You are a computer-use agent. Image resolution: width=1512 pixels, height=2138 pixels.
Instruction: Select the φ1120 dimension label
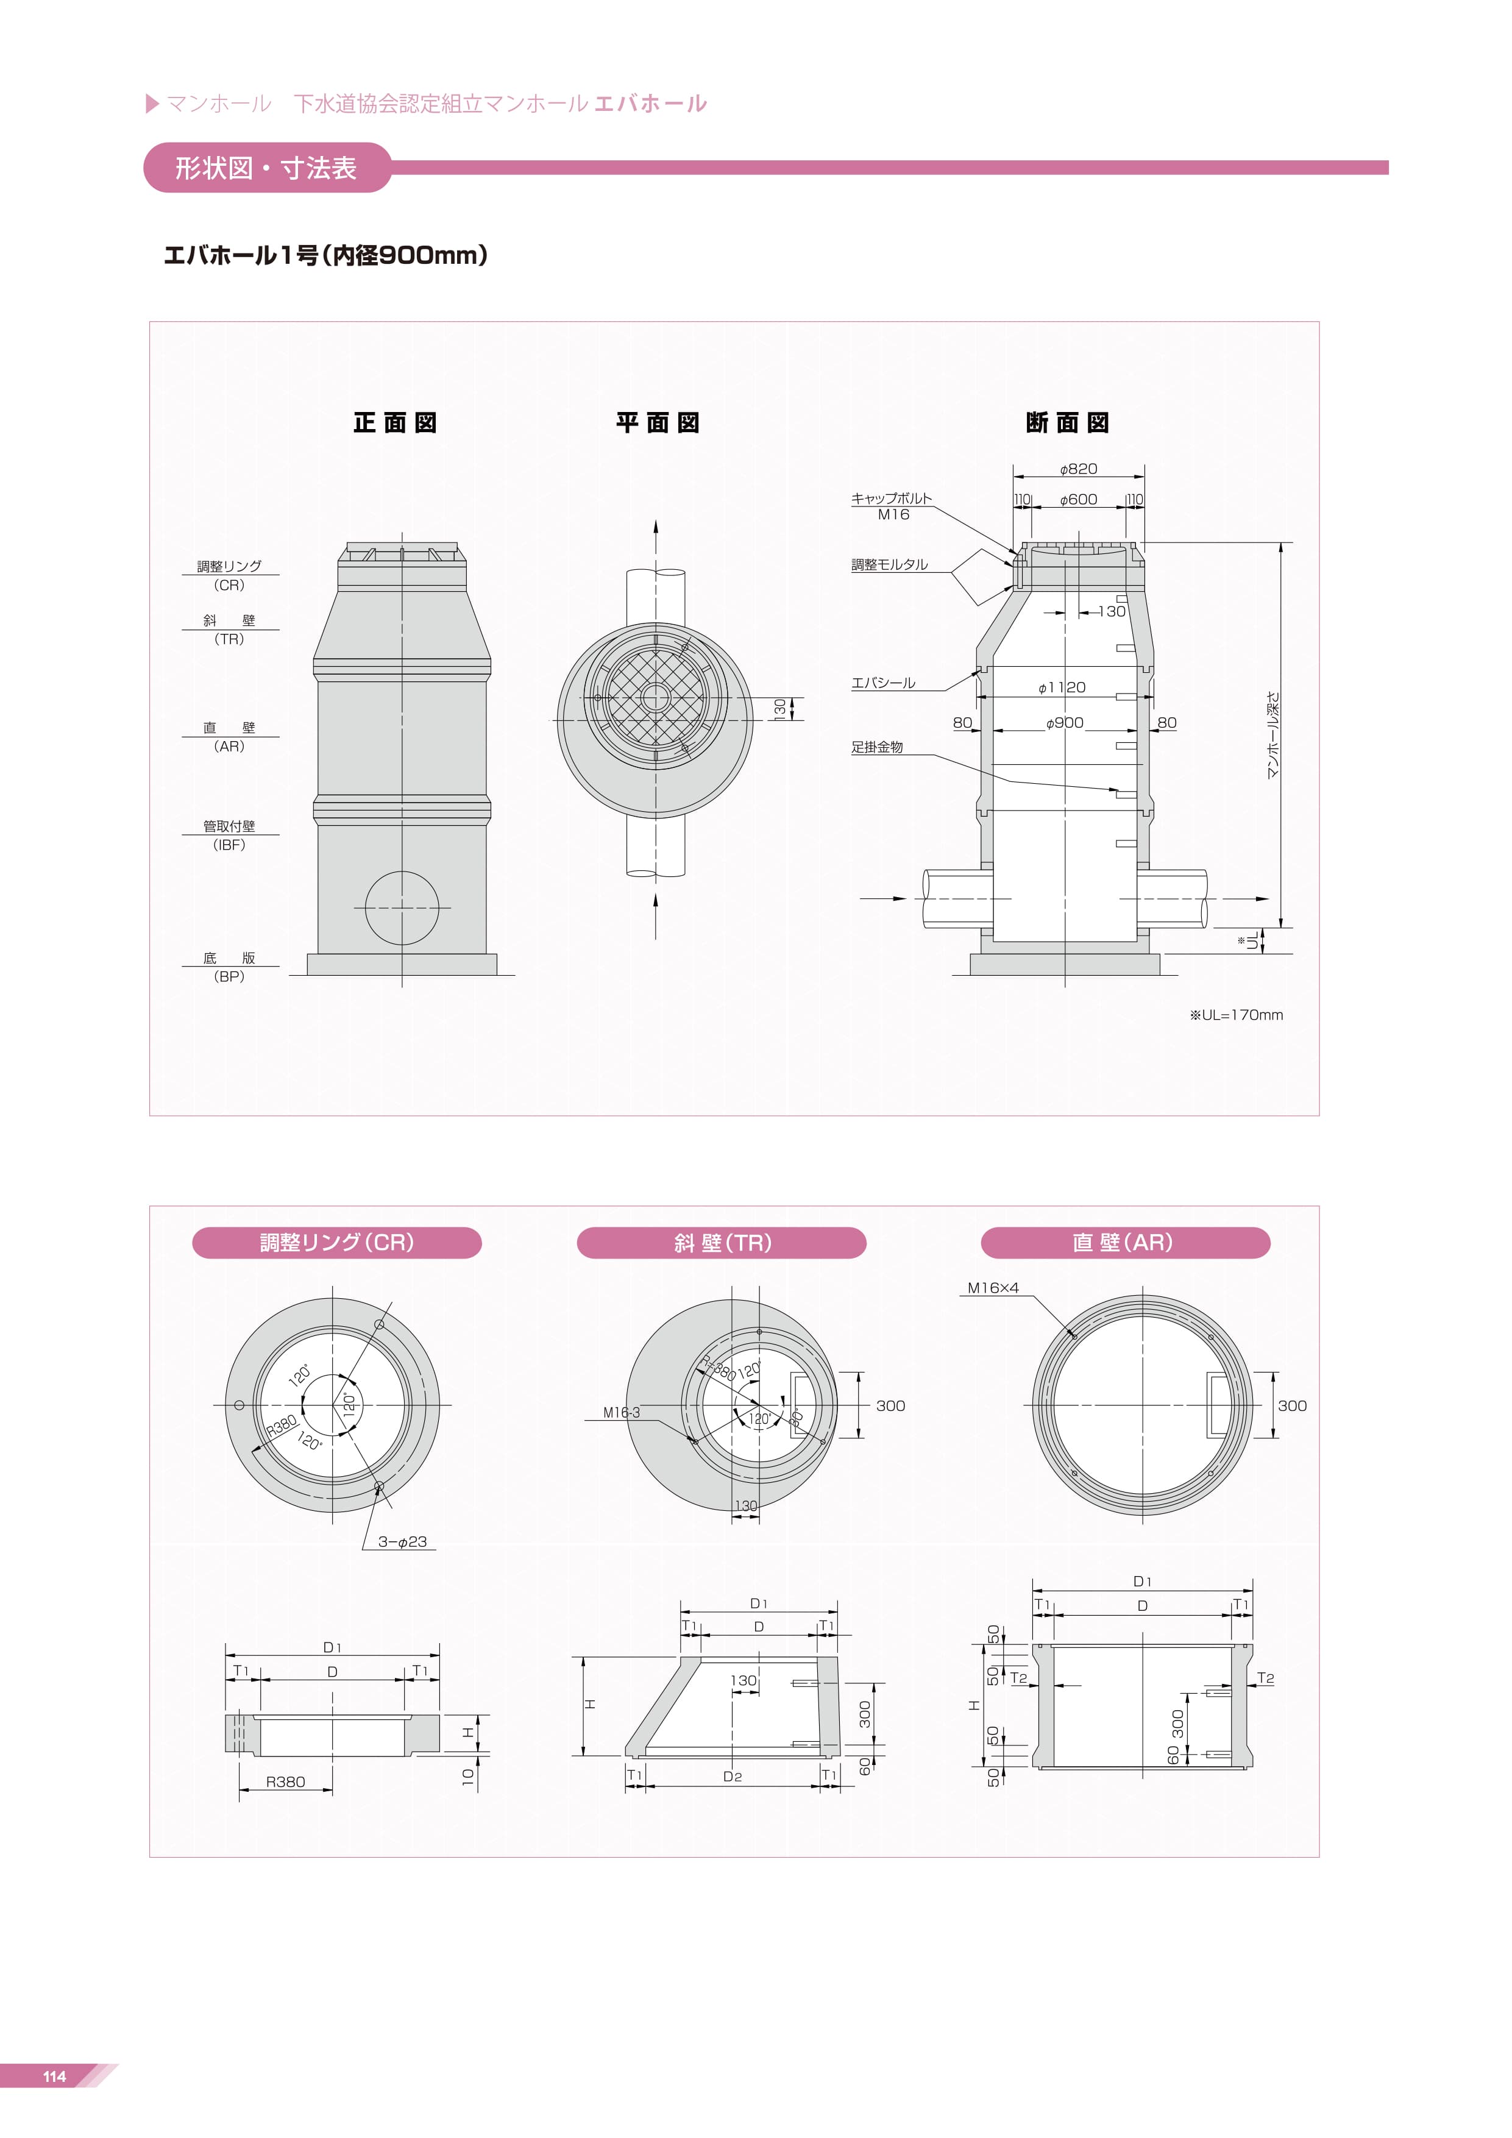tap(1062, 687)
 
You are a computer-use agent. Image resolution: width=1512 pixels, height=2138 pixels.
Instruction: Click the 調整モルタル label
tap(889, 564)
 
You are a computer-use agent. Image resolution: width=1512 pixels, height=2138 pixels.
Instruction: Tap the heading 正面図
tap(395, 423)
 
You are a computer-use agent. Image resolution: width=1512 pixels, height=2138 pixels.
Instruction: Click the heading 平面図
tap(658, 423)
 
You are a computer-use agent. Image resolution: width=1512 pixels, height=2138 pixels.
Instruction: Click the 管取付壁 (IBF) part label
tap(229, 836)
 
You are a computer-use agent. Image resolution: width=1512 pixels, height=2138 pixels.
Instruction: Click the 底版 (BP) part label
tap(229, 967)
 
